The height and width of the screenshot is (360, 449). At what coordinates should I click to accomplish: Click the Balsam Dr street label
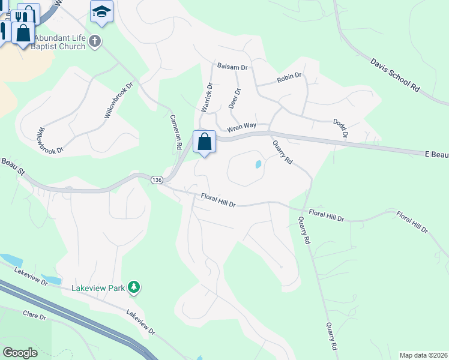232,67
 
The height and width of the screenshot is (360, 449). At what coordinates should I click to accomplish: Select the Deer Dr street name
235,98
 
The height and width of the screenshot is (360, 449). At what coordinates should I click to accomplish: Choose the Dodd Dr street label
340,129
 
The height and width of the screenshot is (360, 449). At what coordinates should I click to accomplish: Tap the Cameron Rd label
175,132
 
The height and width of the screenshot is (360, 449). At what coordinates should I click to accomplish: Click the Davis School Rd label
394,75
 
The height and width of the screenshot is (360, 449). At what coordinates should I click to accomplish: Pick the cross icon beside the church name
94,41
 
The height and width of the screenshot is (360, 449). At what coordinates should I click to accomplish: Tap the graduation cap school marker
101,11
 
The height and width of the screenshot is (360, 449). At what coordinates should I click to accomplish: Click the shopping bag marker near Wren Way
204,142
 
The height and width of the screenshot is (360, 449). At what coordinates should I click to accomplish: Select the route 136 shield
157,180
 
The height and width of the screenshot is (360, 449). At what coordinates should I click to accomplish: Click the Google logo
20,353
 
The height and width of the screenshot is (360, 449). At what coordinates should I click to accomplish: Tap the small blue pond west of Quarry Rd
258,164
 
